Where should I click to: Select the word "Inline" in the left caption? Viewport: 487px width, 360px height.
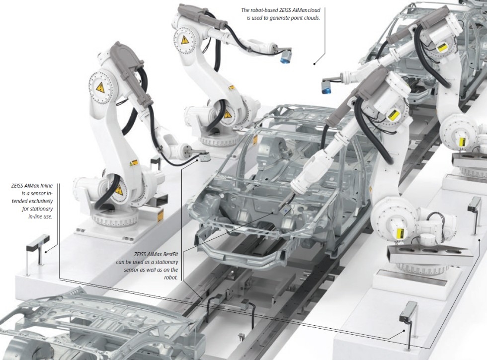click(x=47, y=186)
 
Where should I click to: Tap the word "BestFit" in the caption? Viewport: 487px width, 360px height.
click(x=170, y=254)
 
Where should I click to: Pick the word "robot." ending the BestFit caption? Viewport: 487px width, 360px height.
click(x=171, y=278)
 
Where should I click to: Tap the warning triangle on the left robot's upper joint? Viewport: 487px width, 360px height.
click(x=100, y=88)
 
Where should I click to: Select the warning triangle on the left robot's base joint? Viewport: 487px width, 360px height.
click(x=118, y=189)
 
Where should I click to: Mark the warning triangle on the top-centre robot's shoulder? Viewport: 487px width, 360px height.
click(x=185, y=40)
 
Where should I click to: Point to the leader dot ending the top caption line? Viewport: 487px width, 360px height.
click(x=314, y=64)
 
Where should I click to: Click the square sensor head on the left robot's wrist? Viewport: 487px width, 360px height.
click(x=205, y=156)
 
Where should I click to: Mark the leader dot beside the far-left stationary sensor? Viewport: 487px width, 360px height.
click(x=46, y=252)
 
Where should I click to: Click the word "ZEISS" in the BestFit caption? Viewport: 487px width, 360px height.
click(x=140, y=254)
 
